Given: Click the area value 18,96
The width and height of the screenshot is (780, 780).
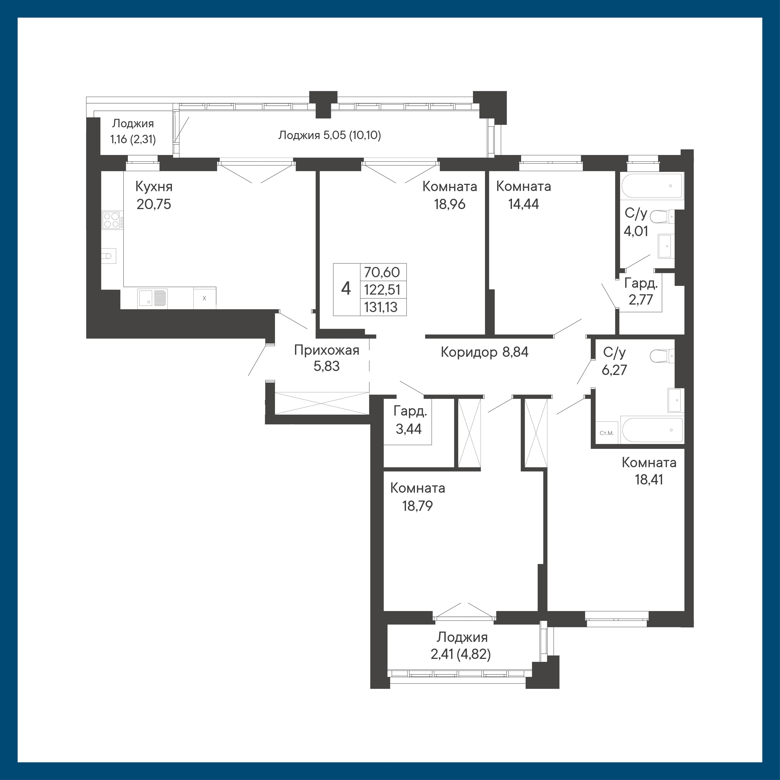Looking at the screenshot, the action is tap(450, 204).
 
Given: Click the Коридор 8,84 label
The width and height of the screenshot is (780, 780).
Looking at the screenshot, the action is tap(484, 352).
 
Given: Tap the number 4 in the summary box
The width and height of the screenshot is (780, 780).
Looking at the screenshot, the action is tap(346, 289).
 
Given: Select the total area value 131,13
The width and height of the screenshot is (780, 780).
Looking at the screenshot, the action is tap(381, 307).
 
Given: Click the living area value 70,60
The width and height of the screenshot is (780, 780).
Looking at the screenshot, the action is tap(382, 272).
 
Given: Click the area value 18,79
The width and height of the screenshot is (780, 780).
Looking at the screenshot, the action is tap(417, 505).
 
